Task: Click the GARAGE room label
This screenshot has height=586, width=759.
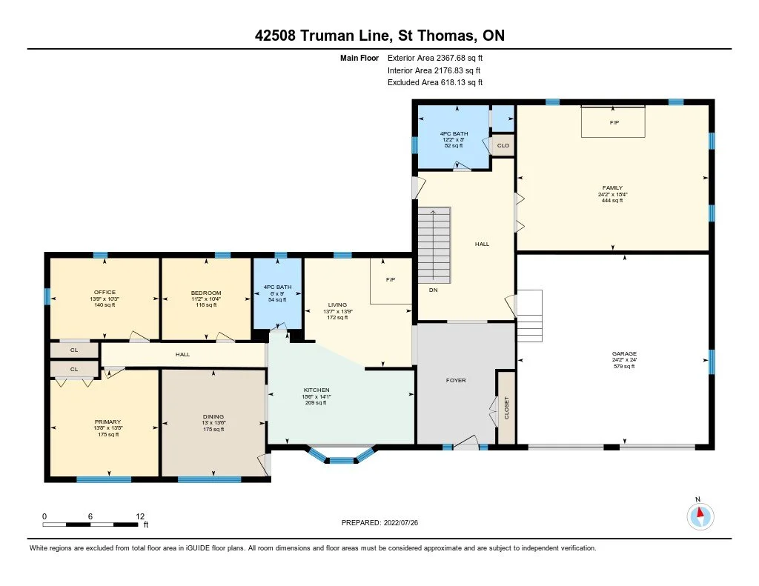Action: pyautogui.click(x=624, y=353)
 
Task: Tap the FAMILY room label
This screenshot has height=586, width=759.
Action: pyautogui.click(x=612, y=187)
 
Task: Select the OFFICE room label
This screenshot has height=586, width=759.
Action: pyautogui.click(x=105, y=293)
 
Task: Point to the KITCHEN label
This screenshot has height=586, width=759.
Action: pyautogui.click(x=316, y=390)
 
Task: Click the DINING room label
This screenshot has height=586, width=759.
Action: pyautogui.click(x=213, y=416)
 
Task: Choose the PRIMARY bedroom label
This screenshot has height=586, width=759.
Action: pyautogui.click(x=107, y=422)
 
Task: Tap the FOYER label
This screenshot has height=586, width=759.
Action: pyautogui.click(x=456, y=380)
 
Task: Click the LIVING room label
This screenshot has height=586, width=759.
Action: pyautogui.click(x=337, y=305)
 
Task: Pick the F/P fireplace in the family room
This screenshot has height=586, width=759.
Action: pyautogui.click(x=614, y=122)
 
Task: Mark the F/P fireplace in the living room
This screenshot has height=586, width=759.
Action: pyautogui.click(x=391, y=280)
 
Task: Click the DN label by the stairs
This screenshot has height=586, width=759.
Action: pyautogui.click(x=433, y=290)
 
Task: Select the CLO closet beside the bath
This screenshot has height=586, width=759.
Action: pyautogui.click(x=503, y=146)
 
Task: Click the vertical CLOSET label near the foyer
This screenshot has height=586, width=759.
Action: pyautogui.click(x=507, y=408)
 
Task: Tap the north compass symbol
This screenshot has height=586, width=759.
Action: pyautogui.click(x=700, y=516)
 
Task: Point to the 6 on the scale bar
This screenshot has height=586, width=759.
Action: pyautogui.click(x=90, y=516)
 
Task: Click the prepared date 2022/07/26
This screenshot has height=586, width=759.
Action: pyautogui.click(x=401, y=522)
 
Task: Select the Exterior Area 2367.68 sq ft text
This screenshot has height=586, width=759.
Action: pyautogui.click(x=435, y=58)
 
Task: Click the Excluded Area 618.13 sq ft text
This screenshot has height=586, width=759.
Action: pyautogui.click(x=435, y=82)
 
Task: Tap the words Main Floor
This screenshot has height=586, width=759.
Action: pyautogui.click(x=359, y=58)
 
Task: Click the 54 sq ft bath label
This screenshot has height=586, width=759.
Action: pyautogui.click(x=277, y=299)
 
